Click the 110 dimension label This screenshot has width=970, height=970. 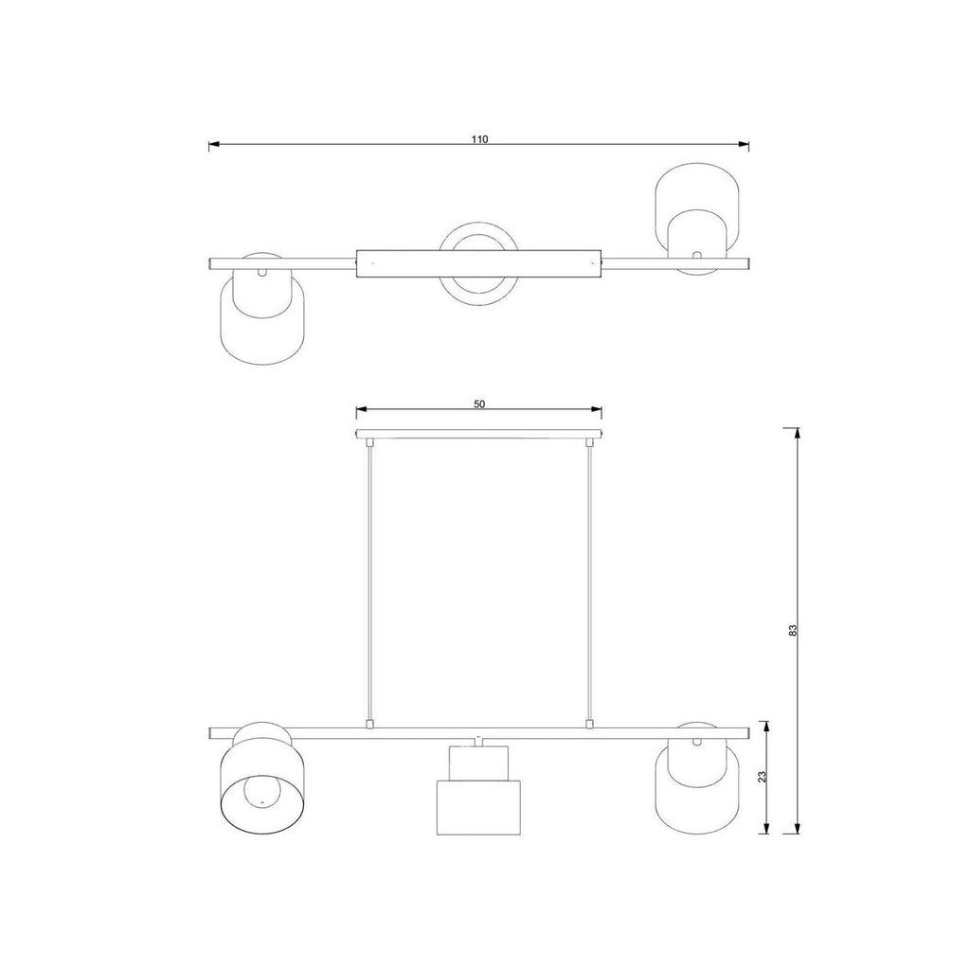click(x=479, y=139)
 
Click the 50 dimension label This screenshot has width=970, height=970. click(x=479, y=404)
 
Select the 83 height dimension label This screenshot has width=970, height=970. click(x=794, y=630)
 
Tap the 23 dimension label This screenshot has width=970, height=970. click(x=763, y=777)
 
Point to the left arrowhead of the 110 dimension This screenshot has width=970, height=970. click(x=214, y=146)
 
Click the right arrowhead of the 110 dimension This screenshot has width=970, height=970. click(x=745, y=146)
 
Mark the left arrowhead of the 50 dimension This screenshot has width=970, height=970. click(x=361, y=409)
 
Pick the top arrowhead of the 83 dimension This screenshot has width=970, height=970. click(x=798, y=433)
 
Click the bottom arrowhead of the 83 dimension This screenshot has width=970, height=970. click(x=798, y=828)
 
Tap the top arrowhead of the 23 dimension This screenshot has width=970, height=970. click(x=767, y=727)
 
